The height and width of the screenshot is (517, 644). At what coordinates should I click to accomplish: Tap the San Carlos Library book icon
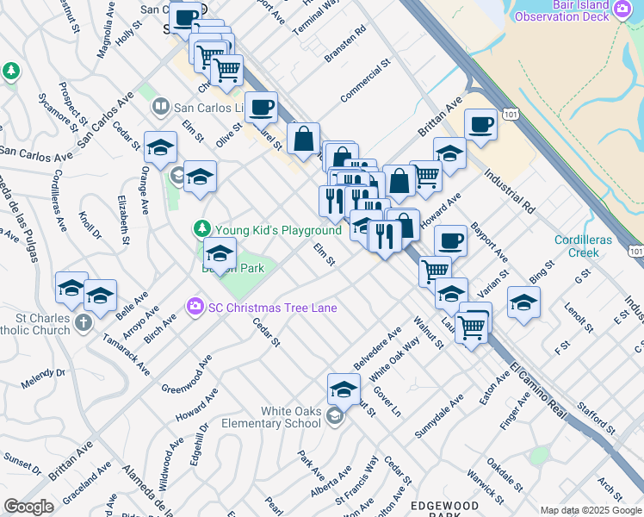click(x=160, y=107)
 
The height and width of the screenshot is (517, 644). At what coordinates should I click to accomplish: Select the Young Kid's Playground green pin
click(x=201, y=229)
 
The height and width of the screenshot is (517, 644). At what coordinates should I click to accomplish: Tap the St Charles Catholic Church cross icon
click(x=83, y=322)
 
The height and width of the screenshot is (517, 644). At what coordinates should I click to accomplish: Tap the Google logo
click(x=29, y=507)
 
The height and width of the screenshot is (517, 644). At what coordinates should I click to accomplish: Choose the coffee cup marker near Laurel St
click(x=261, y=108)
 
